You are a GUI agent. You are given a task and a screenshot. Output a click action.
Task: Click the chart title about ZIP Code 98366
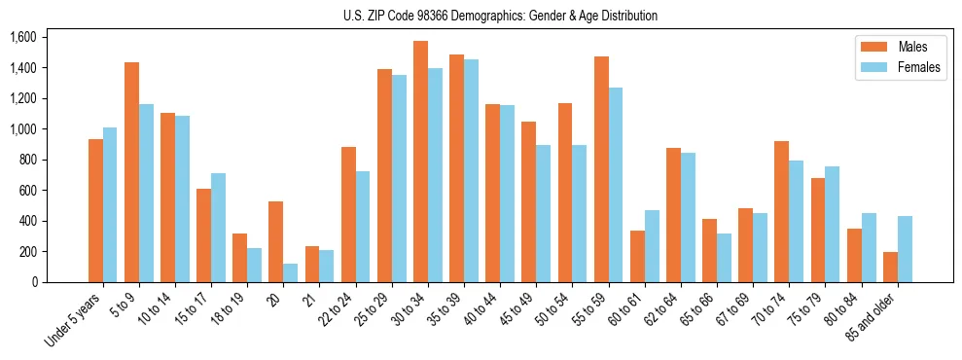point(500,16)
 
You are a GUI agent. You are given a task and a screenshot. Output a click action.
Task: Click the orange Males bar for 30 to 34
point(420,162)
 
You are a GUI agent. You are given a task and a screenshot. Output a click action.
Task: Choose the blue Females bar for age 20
point(290,272)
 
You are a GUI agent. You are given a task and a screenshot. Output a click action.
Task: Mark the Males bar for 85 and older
point(890,267)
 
